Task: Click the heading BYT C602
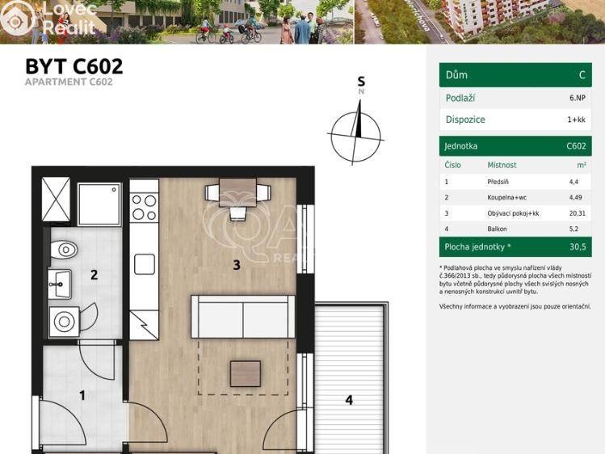(74, 66)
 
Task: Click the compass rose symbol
(355, 133)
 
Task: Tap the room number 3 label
(236, 264)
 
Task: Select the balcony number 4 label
(349, 399)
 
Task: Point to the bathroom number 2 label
(94, 275)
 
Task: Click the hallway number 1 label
(82, 395)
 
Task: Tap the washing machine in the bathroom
(64, 322)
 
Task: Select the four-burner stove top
(144, 207)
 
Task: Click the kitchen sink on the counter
(145, 264)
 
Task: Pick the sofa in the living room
(242, 317)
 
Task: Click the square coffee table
(246, 373)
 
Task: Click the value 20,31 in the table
(577, 213)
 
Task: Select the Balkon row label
(498, 229)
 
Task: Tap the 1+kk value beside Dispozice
(576, 120)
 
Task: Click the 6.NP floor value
(577, 98)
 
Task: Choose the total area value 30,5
(577, 246)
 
